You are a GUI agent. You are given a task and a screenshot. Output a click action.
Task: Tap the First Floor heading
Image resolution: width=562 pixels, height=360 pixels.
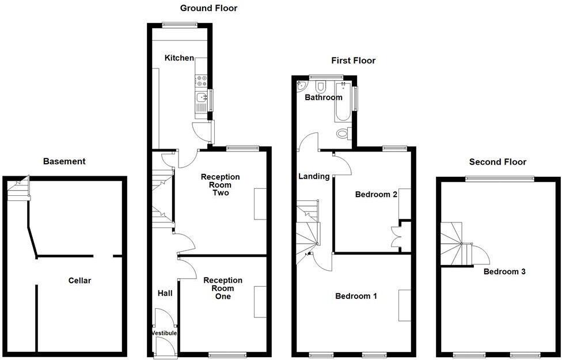[x=353, y=60]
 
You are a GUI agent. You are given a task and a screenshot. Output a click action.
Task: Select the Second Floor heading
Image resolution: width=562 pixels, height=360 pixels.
[x=498, y=162]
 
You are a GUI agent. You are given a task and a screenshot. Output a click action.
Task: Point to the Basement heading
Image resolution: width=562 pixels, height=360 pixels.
[x=64, y=161]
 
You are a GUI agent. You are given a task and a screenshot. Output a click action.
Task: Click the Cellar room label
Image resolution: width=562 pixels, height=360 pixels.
[x=79, y=281]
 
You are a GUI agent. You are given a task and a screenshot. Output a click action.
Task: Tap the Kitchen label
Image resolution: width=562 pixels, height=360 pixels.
[x=179, y=58]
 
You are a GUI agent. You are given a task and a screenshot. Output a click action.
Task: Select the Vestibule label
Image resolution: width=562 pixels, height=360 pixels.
[x=164, y=333]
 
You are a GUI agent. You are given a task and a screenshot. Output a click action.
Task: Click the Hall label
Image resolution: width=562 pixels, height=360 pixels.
[x=165, y=293]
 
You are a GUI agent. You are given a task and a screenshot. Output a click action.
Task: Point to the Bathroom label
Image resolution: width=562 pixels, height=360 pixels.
[x=323, y=97]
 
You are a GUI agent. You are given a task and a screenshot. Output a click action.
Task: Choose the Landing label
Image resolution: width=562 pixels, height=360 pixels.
[x=314, y=176]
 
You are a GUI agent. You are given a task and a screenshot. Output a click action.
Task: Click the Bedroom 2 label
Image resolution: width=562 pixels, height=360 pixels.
[x=376, y=194]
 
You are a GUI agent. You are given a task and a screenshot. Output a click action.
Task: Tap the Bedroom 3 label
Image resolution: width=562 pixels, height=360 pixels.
[x=504, y=271]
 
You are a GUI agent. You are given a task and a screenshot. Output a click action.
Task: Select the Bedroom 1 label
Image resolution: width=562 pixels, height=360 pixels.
[x=356, y=296]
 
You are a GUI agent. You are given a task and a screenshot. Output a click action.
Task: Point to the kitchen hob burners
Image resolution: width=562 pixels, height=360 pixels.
[x=202, y=81]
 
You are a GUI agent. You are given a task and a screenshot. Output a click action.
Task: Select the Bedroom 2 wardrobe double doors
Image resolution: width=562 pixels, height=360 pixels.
[x=396, y=236]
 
